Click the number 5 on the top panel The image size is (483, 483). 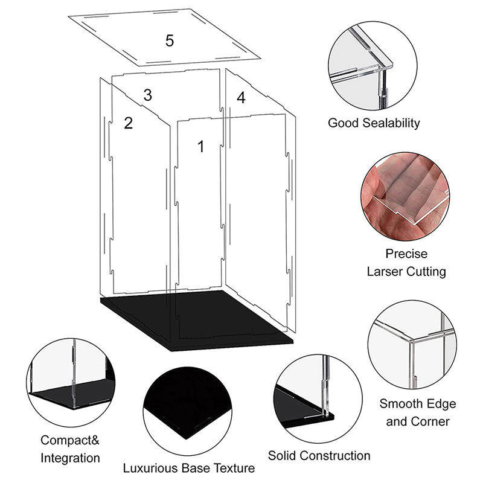pyautogui.click(x=170, y=40)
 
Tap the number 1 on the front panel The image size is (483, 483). pyautogui.click(x=201, y=146)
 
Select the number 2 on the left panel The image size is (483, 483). pyautogui.click(x=128, y=123)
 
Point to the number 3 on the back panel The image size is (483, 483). pyautogui.click(x=147, y=95)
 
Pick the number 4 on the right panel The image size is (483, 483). pyautogui.click(x=241, y=98)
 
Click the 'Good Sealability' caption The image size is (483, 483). pyautogui.click(x=374, y=123)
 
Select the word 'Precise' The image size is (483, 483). pyautogui.click(x=406, y=254)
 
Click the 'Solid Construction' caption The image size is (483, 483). pyautogui.click(x=319, y=455)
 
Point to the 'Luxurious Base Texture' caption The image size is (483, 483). pyautogui.click(x=189, y=468)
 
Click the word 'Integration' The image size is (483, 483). pyautogui.click(x=70, y=458)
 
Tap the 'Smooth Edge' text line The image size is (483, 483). pyautogui.click(x=417, y=403)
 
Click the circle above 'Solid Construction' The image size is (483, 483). pyautogui.click(x=318, y=398)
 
